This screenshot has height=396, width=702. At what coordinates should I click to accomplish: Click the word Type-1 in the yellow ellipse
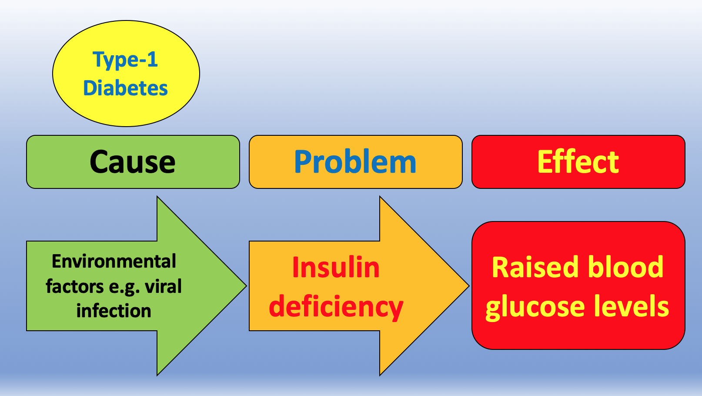click(x=125, y=60)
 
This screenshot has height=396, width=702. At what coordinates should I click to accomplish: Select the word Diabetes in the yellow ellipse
click(x=125, y=88)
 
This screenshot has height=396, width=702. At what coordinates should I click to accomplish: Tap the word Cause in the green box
click(x=133, y=162)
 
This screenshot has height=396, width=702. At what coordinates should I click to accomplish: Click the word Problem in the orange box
click(x=355, y=162)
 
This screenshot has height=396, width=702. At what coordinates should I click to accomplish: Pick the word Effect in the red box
click(x=578, y=162)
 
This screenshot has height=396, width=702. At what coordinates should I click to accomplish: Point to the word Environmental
click(x=114, y=262)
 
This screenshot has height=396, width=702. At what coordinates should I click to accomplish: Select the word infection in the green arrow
click(x=114, y=311)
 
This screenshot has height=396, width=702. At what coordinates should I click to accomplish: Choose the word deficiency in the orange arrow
click(x=336, y=307)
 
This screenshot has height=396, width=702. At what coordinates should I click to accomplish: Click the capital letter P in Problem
click(x=303, y=162)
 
